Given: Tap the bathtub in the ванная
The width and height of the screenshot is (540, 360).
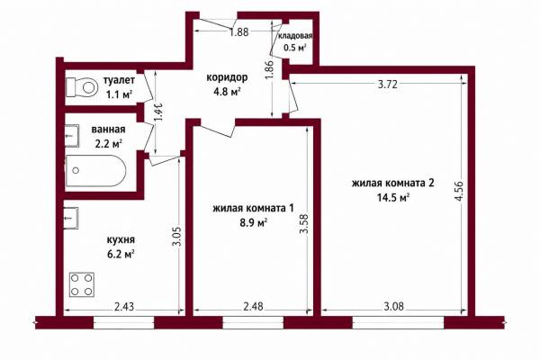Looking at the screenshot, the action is (95, 171).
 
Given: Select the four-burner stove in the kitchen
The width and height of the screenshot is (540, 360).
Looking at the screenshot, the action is (82, 284).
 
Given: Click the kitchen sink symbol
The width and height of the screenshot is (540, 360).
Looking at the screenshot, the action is (71, 218).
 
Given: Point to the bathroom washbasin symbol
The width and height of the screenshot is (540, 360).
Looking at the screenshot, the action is (72, 136).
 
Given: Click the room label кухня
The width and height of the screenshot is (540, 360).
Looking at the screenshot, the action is (121, 239).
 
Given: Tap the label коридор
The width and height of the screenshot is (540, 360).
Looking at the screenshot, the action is (227, 77).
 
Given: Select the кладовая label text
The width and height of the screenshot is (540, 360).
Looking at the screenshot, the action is (295, 36).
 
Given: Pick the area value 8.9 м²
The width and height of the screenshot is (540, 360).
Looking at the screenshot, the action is (254, 223).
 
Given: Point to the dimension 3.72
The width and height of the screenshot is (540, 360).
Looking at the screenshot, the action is (388, 85).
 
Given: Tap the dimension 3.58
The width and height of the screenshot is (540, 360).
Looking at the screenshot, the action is (304, 224).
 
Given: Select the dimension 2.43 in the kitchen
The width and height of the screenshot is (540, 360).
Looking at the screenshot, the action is (123, 306).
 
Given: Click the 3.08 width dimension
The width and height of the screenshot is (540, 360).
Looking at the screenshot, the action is (393, 306).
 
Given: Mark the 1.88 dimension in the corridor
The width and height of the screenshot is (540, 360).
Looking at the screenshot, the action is (239, 32).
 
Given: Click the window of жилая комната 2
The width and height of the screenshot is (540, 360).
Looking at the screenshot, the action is (398, 323).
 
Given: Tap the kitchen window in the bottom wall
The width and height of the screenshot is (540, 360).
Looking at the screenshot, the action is (123, 323).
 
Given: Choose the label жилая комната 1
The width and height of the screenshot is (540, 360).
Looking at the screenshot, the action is (253, 209).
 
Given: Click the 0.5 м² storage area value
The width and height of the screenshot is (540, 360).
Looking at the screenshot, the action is (295, 48).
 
